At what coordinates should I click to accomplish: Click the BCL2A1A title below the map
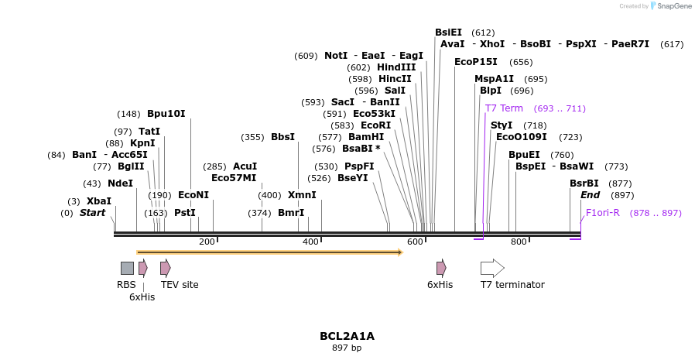347,336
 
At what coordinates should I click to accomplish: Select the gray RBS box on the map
127,268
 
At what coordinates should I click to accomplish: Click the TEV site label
180,285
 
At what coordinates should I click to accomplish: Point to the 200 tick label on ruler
207,242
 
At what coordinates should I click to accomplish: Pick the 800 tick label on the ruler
519,242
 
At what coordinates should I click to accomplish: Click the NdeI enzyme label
120,183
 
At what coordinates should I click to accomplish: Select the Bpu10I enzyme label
166,114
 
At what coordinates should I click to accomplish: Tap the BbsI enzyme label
282,137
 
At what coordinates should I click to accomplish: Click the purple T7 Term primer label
504,108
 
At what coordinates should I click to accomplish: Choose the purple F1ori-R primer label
603,213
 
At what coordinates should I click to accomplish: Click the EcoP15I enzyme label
476,62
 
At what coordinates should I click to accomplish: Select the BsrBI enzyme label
584,183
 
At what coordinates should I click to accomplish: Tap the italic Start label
92,213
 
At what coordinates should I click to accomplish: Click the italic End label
590,195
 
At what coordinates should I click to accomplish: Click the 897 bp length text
347,348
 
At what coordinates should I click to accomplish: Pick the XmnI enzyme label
302,195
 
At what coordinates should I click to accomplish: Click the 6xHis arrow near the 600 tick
441,268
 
